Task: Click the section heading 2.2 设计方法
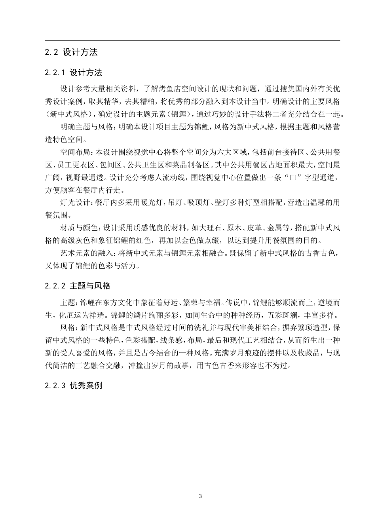coord(71,52)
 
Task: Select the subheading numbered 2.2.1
coord(74,72)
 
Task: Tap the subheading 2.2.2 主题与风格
coord(78,286)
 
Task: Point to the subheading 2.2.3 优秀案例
coord(74,385)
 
